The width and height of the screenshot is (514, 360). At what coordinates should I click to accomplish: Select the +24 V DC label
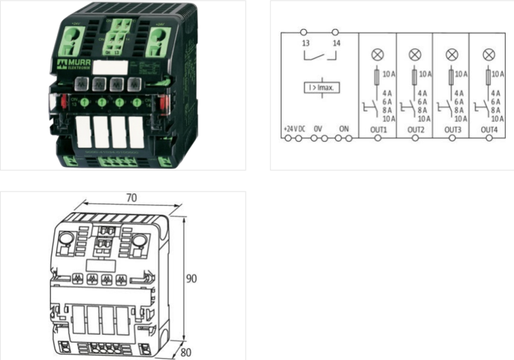click(294, 129)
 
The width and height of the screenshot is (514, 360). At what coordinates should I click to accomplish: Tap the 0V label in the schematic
click(318, 129)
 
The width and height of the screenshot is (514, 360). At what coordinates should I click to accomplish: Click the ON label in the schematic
click(344, 129)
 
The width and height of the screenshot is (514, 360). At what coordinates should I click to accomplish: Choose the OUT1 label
click(378, 129)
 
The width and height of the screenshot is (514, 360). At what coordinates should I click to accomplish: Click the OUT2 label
click(416, 129)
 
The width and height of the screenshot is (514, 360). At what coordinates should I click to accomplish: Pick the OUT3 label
click(452, 129)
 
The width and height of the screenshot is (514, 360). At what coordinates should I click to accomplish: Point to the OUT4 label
click(490, 129)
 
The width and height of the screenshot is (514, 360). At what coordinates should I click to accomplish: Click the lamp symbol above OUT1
click(377, 54)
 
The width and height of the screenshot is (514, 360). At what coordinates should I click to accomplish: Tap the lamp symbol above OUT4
click(489, 54)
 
